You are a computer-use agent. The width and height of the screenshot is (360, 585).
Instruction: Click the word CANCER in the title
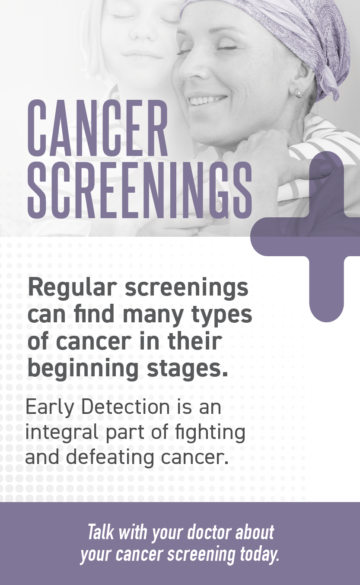(97, 128)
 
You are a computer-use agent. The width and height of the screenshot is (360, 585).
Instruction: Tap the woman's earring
(298, 93)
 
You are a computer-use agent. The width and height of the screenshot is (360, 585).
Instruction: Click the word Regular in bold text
(72, 288)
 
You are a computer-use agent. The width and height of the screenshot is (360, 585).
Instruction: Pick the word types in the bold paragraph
(222, 315)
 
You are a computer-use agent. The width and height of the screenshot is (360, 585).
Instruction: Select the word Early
(50, 408)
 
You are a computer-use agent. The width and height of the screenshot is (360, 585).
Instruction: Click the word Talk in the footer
(101, 532)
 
